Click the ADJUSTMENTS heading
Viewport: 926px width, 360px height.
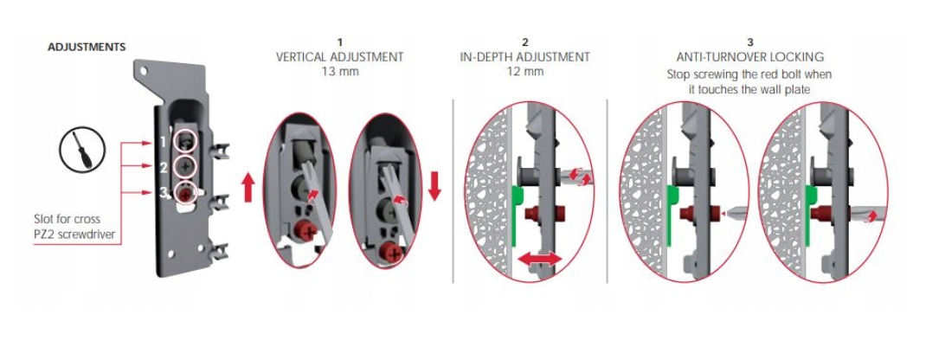click(x=87, y=48)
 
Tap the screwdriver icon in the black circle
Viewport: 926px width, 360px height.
click(x=82, y=150)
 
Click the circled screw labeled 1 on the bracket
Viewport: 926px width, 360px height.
click(x=186, y=140)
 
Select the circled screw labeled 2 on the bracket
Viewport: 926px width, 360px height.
click(x=186, y=167)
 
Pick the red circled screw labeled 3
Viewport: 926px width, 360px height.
click(x=186, y=194)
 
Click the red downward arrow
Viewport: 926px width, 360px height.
click(x=434, y=186)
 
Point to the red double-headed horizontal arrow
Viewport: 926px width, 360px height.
click(x=540, y=258)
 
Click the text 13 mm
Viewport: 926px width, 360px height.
click(x=339, y=72)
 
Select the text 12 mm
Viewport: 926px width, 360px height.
click(x=525, y=72)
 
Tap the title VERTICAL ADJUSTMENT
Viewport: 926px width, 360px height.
click(x=339, y=57)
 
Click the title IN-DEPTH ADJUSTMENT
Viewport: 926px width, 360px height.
click(x=525, y=57)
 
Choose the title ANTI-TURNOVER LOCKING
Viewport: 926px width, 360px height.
click(x=750, y=57)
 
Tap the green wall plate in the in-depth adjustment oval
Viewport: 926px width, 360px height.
click(x=516, y=215)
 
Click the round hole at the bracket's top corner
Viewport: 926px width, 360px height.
click(x=144, y=71)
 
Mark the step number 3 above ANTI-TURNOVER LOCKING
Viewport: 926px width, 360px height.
click(x=750, y=42)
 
